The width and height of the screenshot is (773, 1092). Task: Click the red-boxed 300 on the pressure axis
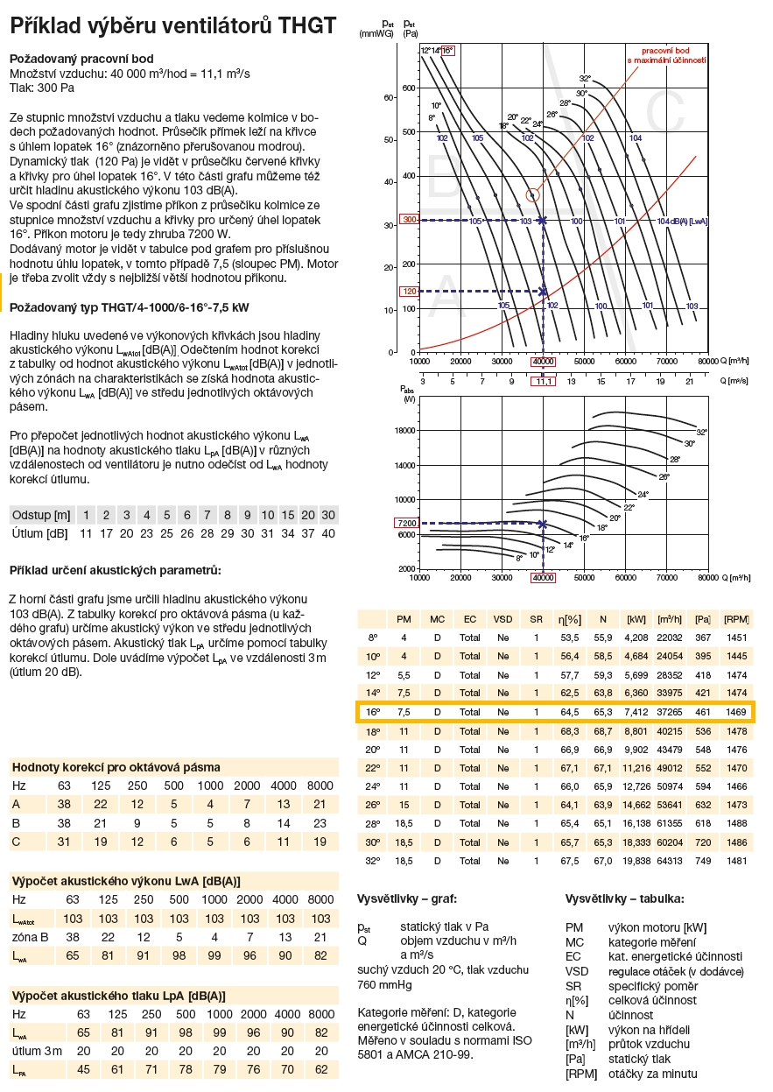409,220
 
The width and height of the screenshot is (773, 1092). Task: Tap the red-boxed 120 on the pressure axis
409,291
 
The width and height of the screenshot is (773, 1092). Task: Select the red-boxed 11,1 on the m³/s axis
543,381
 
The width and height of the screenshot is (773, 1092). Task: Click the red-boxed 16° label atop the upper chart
447,51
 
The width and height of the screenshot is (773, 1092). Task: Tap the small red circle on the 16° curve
533,194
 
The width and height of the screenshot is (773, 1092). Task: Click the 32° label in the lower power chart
701,433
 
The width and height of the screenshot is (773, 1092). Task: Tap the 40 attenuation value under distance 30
327,533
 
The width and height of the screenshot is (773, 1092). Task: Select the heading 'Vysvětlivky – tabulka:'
625,899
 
